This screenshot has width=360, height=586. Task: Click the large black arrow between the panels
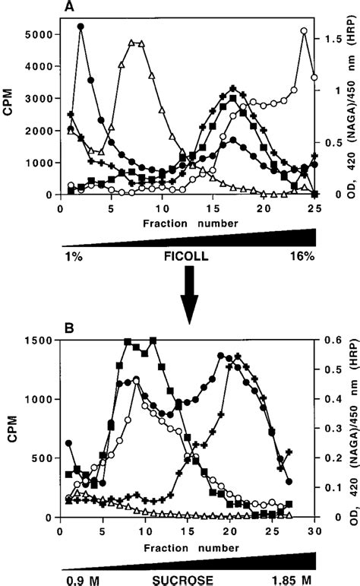[x=187, y=298]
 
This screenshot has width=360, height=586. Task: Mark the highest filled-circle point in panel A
[x=81, y=27]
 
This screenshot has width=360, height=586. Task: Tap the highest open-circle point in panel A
[x=304, y=31]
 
